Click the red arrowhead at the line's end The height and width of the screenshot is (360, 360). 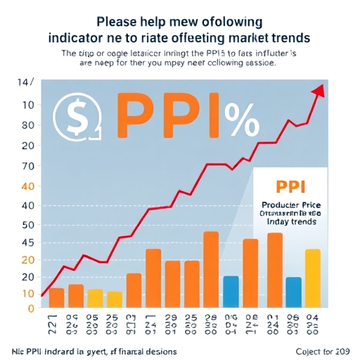click(319, 90)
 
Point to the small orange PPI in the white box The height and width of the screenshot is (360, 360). click(290, 186)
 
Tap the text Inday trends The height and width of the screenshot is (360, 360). click(290, 221)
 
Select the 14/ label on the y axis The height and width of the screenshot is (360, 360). click(24, 83)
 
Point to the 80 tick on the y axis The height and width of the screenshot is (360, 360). click(28, 125)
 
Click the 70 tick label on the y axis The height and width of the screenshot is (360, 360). click(28, 167)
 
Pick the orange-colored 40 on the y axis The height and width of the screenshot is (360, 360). click(28, 187)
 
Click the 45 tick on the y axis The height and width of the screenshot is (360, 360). click(28, 242)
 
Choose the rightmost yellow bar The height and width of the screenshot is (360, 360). click(313, 279)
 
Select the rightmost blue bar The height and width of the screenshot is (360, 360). click(293, 292)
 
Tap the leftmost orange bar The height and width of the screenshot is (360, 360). click(57, 298)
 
